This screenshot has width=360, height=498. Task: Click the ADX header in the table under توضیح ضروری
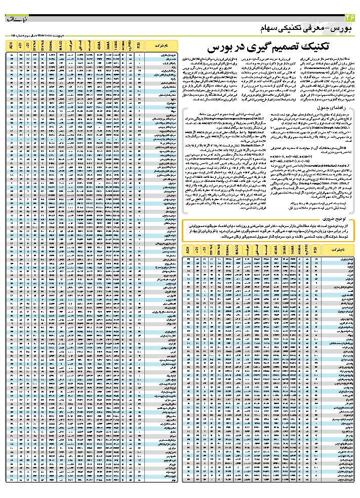(188, 250)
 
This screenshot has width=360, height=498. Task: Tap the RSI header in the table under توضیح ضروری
(316, 250)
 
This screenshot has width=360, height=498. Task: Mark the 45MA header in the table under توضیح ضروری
(274, 250)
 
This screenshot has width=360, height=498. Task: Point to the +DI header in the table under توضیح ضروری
(197, 250)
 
